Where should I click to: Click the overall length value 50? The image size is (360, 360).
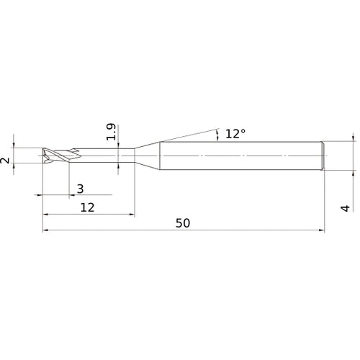pos(183,223)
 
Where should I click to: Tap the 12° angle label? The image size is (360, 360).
pos(235,134)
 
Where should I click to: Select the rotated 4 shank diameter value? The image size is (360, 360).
pos(346,207)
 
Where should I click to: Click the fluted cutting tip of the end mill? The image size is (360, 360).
pos(55,156)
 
